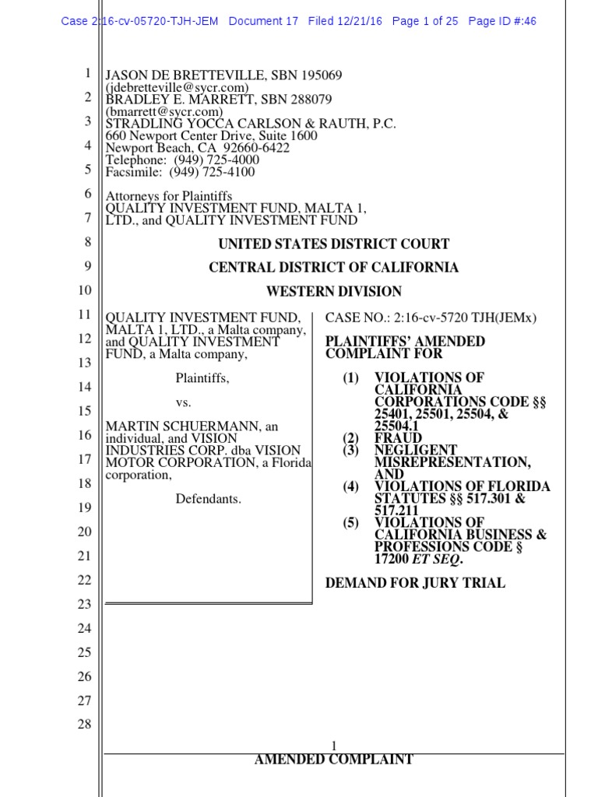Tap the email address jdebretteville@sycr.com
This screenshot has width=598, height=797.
(177, 88)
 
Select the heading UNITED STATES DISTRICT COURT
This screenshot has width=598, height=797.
(334, 244)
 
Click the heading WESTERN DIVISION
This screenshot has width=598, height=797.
(334, 292)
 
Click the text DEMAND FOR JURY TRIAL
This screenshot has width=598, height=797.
(415, 583)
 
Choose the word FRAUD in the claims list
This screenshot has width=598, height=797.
(398, 438)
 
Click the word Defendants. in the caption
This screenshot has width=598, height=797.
(209, 499)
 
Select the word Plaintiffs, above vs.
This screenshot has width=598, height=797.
(202, 378)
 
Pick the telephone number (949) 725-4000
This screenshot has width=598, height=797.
(212, 160)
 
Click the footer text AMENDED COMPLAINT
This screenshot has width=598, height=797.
(334, 760)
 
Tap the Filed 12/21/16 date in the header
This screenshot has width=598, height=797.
(345, 21)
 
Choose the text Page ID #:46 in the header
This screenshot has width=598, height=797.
(502, 21)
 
